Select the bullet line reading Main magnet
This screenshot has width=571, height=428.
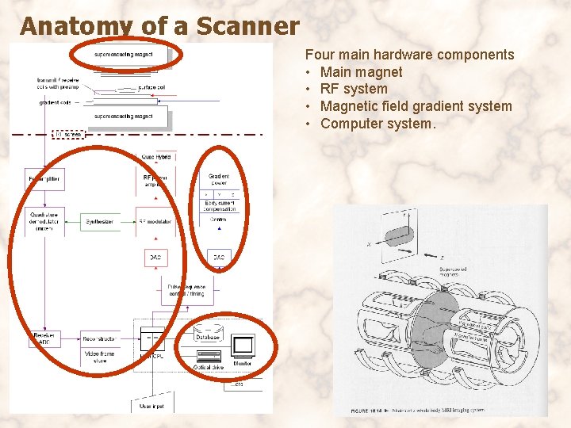click(x=361, y=72)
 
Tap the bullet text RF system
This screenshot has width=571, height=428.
click(x=354, y=89)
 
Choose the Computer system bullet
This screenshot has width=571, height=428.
click(x=378, y=124)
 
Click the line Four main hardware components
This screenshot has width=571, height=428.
click(x=409, y=55)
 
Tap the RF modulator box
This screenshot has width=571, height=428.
click(x=156, y=222)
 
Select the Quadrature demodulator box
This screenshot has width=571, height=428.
click(x=45, y=221)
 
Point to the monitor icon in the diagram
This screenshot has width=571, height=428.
click(x=242, y=347)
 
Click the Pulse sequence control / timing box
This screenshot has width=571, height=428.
click(x=186, y=289)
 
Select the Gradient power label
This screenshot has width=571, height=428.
click(x=220, y=179)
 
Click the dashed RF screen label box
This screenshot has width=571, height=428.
click(x=68, y=135)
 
